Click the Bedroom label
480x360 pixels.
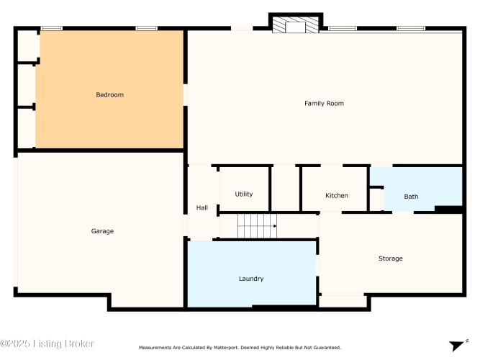pyautogui.click(x=110, y=95)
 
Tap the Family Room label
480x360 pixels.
pyautogui.click(x=324, y=104)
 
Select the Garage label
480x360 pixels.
pyautogui.click(x=102, y=231)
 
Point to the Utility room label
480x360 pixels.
pyautogui.click(x=244, y=194)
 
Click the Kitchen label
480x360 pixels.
pyautogui.click(x=336, y=195)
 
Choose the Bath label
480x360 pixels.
pyautogui.click(x=411, y=197)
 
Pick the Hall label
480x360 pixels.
pyautogui.click(x=202, y=208)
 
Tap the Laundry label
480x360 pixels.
pyautogui.click(x=251, y=279)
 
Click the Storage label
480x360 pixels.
pyautogui.click(x=390, y=258)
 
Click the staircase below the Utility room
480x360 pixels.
pyautogui.click(x=257, y=226)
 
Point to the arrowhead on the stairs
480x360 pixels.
pyautogui.click(x=275, y=226)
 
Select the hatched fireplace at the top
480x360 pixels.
pyautogui.click(x=295, y=24)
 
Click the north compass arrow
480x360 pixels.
pyautogui.click(x=456, y=346)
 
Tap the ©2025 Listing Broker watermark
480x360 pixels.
pyautogui.click(x=47, y=343)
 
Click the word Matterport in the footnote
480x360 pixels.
pyautogui.click(x=226, y=348)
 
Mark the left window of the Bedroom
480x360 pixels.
pyautogui.click(x=51, y=29)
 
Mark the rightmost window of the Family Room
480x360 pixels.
pyautogui.click(x=411, y=29)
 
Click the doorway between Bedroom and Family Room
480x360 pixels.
pyautogui.click(x=186, y=95)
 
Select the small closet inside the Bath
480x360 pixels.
pyautogui.click(x=376, y=199)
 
